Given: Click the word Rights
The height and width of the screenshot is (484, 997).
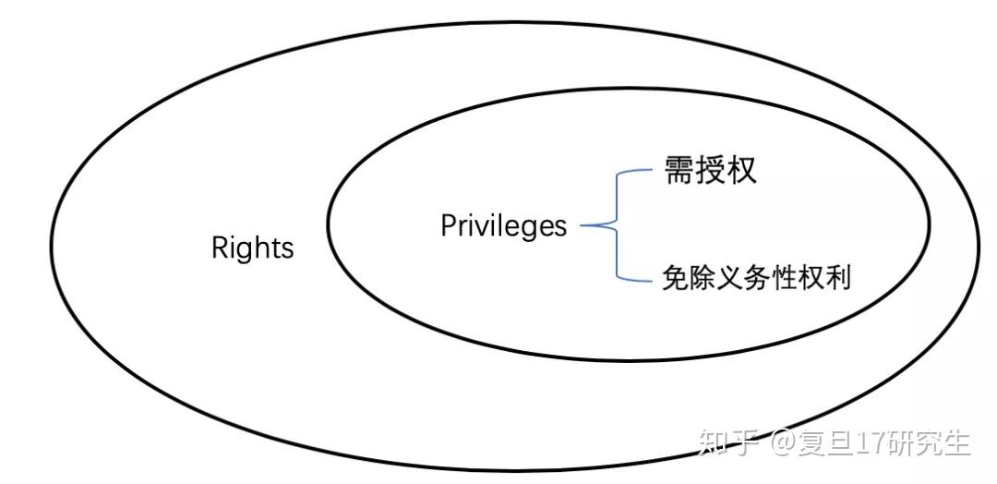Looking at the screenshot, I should click(x=252, y=248).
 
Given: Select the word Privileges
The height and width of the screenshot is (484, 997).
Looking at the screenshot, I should click(x=503, y=226).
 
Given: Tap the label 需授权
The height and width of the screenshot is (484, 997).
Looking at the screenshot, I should click(x=710, y=170).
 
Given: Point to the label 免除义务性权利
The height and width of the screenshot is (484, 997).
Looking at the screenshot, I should click(x=756, y=278).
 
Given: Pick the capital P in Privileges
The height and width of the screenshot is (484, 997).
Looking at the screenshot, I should click(x=449, y=225).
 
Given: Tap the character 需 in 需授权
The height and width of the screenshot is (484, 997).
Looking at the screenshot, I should click(x=679, y=170).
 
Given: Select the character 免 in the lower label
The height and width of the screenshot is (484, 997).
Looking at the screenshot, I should click(x=674, y=278).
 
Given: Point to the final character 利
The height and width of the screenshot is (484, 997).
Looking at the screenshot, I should click(x=838, y=278).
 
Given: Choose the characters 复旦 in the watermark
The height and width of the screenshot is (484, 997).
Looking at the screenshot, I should click(x=827, y=442).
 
